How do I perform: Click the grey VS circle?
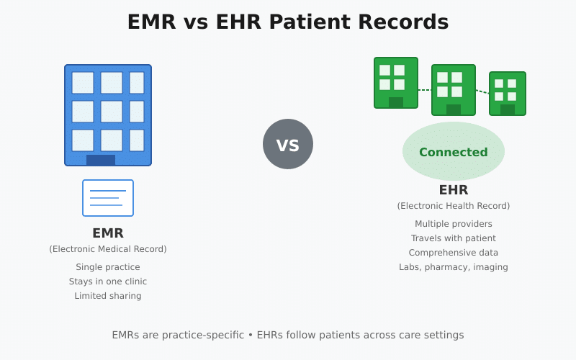point(288,144)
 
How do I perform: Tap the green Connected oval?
point(454,152)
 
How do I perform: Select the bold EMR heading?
point(108,233)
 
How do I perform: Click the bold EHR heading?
point(454,190)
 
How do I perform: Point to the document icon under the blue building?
point(108,198)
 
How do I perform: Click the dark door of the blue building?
point(101,160)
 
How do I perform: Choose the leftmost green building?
point(396,83)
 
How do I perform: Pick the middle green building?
point(454,90)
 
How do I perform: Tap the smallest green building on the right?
point(508,94)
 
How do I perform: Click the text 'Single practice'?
point(108,267)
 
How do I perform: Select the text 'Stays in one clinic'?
point(108,282)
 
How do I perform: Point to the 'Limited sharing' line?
point(108,296)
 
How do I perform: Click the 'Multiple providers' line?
point(454,224)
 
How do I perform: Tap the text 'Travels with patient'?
point(454,238)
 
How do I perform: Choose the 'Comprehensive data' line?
point(454,253)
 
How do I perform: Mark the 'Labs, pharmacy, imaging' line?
point(454,267)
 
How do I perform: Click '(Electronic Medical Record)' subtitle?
point(108,249)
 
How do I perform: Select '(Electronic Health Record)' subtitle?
point(454,206)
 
